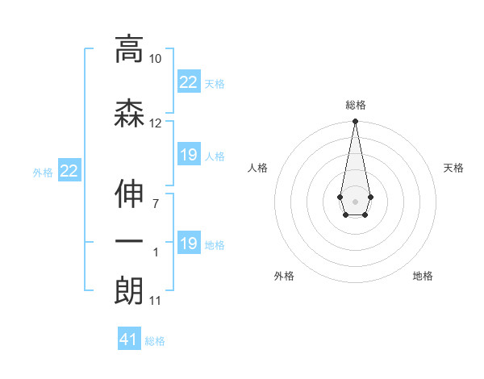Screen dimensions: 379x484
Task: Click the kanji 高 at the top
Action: (x=129, y=50)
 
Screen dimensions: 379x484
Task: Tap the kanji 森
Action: (x=129, y=114)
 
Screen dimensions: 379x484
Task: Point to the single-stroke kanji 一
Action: (x=129, y=243)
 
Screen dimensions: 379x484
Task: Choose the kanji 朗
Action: (x=129, y=291)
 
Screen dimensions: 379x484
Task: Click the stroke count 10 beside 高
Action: (x=156, y=59)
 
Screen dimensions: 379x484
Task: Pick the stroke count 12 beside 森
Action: (x=156, y=123)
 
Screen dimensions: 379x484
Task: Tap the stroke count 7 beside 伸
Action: (x=156, y=203)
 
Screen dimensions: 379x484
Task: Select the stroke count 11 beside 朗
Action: (x=156, y=301)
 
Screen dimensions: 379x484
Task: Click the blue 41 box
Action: (x=129, y=339)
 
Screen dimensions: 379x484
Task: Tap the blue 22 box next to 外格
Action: (x=69, y=170)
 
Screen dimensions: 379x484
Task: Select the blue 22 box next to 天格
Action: (x=189, y=82)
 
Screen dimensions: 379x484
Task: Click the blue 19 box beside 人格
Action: (x=189, y=155)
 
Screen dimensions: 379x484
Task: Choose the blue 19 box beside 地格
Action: (x=189, y=244)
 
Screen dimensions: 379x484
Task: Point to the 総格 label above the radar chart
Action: (x=356, y=105)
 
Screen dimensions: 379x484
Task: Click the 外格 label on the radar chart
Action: (x=284, y=277)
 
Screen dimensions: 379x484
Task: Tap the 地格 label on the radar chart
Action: (x=423, y=277)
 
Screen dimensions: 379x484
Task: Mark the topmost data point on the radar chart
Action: (x=355, y=122)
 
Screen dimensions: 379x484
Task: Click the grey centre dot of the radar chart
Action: (x=355, y=200)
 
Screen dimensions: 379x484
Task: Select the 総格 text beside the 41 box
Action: (x=155, y=341)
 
